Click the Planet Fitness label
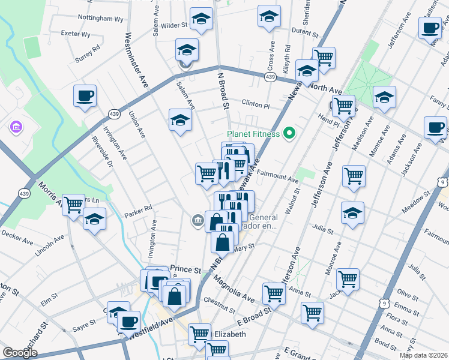pos(253,134)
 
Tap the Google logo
pos(20,353)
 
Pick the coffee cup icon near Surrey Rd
pos(85,95)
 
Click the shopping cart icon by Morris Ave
pos(73,205)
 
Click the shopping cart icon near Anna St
pos(348,278)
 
